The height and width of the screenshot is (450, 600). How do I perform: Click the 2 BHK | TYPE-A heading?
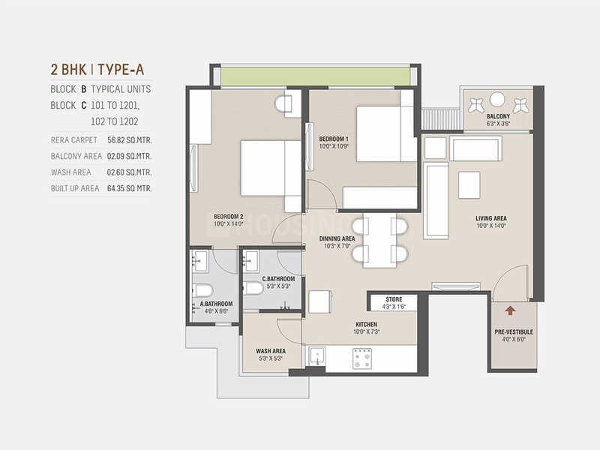(97, 70)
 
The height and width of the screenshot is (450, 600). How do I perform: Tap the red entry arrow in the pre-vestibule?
(511, 309)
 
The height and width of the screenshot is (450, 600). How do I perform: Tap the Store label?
(394, 299)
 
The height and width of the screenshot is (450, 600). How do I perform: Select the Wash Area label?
(270, 349)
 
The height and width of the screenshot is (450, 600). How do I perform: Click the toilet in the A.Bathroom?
(203, 291)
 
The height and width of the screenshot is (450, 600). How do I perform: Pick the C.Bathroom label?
(278, 279)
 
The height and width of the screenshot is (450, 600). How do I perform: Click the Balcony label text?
(498, 116)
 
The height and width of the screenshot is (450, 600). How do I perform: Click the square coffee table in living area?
(469, 184)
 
